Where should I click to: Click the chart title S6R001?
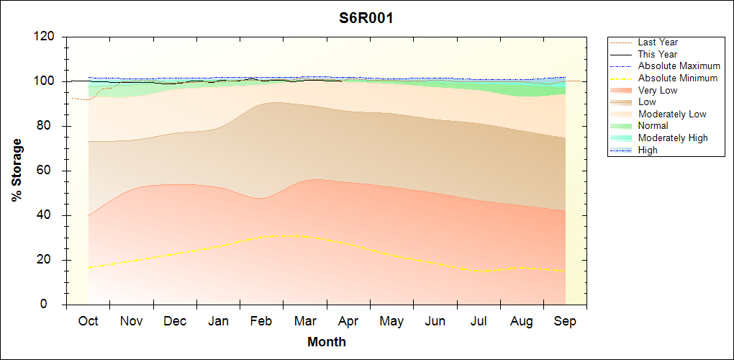tap(366, 19)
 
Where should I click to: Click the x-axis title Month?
tap(327, 342)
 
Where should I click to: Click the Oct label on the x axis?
tap(88, 321)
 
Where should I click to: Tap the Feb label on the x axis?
tap(261, 321)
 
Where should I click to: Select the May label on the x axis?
tap(391, 321)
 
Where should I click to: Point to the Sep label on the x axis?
tap(565, 321)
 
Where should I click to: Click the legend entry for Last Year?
tap(658, 42)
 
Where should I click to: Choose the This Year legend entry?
tap(658, 55)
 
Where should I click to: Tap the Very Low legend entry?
tap(658, 91)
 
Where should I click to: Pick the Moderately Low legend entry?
tap(672, 114)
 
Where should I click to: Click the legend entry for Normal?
tap(653, 126)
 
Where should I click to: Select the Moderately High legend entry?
tap(673, 138)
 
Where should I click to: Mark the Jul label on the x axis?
tap(479, 321)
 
